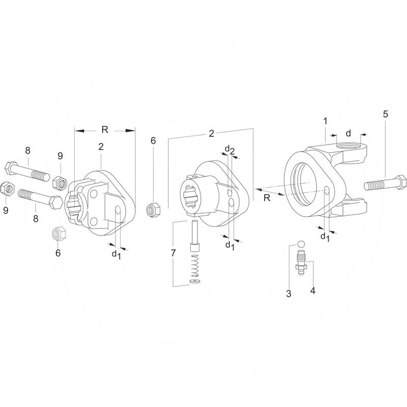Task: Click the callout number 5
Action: point(386,114)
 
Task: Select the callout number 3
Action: point(288,294)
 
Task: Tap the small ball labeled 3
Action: point(301,244)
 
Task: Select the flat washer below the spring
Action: point(194,281)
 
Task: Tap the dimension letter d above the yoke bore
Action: point(348,133)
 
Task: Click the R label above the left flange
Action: point(105,130)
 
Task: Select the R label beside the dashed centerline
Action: point(267,198)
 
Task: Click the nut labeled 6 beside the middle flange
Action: point(153,209)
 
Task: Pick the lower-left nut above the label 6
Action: point(58,235)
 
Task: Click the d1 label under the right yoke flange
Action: point(324,237)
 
